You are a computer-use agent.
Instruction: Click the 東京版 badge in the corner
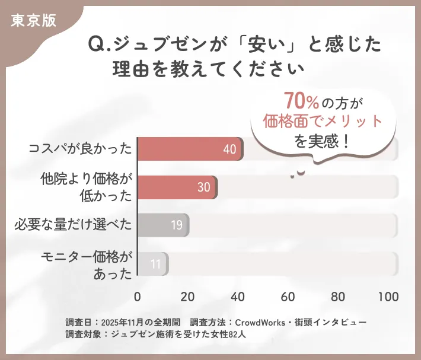click(33, 20)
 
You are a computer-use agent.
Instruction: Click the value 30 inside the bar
click(204, 187)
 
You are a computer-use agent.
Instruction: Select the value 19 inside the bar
click(176, 226)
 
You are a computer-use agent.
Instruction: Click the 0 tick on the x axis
click(138, 297)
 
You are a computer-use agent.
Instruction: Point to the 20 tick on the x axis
click(187, 297)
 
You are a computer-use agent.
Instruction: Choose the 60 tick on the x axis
click(289, 297)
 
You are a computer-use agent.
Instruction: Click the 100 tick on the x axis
click(388, 297)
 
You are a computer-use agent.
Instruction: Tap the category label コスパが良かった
click(80, 148)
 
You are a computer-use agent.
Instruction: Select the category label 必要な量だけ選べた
click(73, 225)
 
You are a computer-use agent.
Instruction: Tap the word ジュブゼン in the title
click(155, 45)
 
